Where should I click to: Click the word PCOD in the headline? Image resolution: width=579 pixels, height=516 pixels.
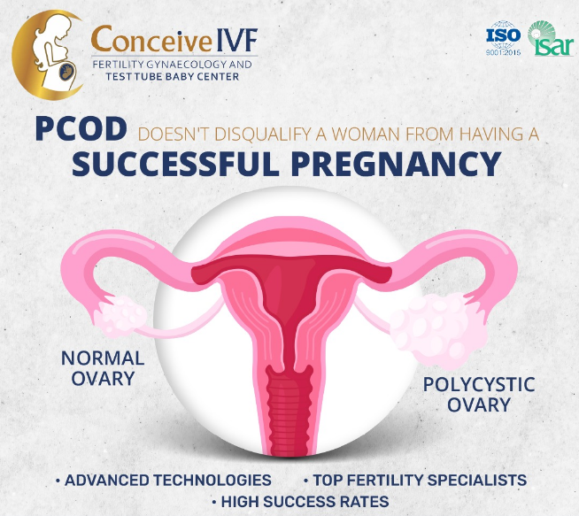point(81,129)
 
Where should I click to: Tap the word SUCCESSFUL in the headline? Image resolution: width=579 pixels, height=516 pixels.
point(175,164)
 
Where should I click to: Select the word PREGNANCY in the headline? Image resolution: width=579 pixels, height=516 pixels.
point(396,164)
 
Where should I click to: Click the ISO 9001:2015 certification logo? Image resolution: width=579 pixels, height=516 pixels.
point(503,38)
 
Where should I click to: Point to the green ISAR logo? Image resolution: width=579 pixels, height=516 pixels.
point(550,38)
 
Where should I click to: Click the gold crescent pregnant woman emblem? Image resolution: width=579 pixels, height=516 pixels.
point(47,55)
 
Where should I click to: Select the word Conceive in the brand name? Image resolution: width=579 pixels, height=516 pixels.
point(151,39)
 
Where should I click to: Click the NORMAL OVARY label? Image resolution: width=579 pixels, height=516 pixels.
point(103,368)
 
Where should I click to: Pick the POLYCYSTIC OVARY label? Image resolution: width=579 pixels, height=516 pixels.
point(479,395)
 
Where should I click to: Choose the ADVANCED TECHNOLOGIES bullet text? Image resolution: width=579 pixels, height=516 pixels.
point(168,481)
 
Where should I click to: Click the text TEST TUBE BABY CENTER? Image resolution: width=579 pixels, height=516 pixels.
point(172,76)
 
